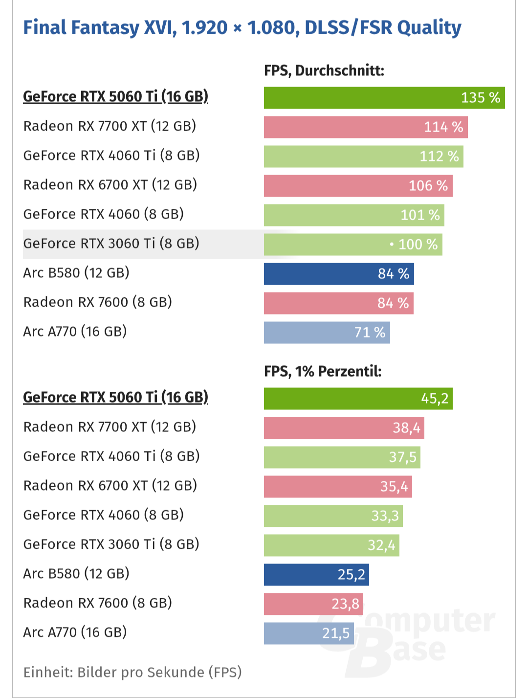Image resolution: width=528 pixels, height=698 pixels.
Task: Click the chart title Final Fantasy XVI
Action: click(242, 27)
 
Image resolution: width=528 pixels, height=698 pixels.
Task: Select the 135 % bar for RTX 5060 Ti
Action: click(384, 98)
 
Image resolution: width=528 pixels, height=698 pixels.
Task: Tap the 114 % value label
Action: click(443, 127)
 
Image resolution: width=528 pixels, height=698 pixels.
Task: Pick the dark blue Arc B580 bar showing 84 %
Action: click(338, 274)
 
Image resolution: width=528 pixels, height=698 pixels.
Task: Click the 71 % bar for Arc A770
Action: click(327, 333)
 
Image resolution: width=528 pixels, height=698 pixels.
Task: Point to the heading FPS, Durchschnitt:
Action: click(324, 71)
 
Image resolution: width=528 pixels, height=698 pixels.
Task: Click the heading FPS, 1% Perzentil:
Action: click(322, 371)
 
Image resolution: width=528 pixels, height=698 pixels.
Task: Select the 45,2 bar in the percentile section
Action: click(358, 399)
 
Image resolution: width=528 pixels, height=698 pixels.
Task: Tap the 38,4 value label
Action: click(406, 428)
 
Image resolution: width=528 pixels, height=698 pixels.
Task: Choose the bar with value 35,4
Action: click(337, 487)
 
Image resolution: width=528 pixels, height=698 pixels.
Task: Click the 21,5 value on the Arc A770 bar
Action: click(336, 633)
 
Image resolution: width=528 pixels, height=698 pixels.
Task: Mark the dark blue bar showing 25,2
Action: click(316, 575)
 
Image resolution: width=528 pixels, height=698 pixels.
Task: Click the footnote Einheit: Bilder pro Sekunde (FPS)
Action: click(132, 672)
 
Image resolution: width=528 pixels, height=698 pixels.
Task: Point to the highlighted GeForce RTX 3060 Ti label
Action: click(111, 244)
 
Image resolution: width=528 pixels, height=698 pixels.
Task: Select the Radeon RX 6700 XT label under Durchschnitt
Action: click(110, 185)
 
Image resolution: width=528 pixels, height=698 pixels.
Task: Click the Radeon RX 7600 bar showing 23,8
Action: click(313, 604)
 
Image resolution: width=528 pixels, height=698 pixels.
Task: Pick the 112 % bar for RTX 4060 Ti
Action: click(363, 157)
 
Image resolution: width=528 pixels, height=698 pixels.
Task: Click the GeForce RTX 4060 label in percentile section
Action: click(103, 515)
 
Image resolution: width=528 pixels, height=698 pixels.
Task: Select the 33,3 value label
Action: click(385, 516)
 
